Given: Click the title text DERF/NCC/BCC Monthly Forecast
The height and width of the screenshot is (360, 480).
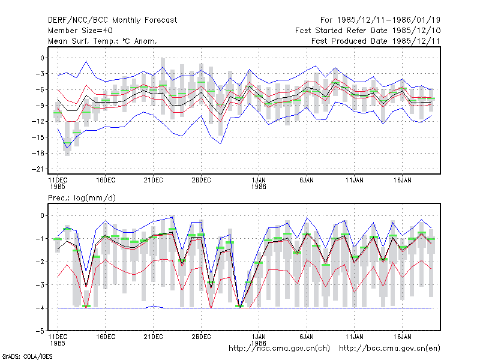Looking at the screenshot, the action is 112,20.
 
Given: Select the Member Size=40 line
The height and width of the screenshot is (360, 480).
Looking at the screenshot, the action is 80,31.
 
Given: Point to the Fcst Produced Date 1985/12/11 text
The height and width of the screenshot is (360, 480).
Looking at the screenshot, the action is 376,41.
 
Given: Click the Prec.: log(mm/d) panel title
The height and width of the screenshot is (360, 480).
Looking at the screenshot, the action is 82,198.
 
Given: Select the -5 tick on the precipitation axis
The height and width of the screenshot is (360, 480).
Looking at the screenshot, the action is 40,331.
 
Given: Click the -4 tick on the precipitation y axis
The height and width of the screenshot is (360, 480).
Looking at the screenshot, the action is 40,308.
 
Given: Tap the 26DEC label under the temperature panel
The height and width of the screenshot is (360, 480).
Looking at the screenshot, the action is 201,181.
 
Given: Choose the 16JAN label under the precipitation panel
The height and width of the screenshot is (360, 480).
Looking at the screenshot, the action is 402,337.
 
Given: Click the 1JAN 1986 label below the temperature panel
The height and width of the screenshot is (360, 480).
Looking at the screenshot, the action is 259,184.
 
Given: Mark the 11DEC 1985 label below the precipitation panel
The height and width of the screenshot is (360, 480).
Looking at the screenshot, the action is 58,340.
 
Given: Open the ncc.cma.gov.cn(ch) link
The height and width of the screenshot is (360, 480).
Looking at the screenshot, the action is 279,349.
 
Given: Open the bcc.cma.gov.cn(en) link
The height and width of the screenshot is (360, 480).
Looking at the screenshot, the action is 389,349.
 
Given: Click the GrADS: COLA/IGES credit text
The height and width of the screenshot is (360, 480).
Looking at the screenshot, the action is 27,356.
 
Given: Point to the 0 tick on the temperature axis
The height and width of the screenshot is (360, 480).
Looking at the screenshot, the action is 42,58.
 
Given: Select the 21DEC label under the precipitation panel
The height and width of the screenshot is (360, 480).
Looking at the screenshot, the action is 153,337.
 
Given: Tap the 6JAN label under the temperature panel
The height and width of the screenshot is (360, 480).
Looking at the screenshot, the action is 307,181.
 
